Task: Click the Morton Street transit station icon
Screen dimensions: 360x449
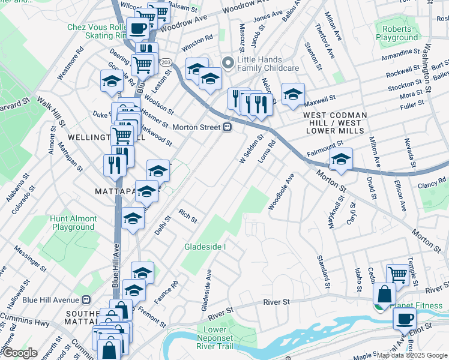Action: click(228, 127)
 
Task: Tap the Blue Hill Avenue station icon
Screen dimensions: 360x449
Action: click(86, 299)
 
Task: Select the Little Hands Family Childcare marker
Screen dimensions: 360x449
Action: click(228, 62)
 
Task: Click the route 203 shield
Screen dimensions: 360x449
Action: click(166, 62)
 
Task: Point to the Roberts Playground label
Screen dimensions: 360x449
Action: click(397, 33)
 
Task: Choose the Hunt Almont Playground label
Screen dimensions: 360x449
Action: click(73, 223)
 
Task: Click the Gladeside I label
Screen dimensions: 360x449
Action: click(205, 247)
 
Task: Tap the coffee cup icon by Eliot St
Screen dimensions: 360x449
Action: click(405, 318)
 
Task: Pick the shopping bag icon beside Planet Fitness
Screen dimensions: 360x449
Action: click(384, 294)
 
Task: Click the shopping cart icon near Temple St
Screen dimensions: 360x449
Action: click(397, 274)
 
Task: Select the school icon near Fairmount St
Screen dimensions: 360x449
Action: click(340, 159)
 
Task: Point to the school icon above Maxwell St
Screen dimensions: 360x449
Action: click(293, 94)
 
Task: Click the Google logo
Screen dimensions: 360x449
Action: click(20, 353)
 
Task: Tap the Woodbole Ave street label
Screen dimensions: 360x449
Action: click(281, 192)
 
